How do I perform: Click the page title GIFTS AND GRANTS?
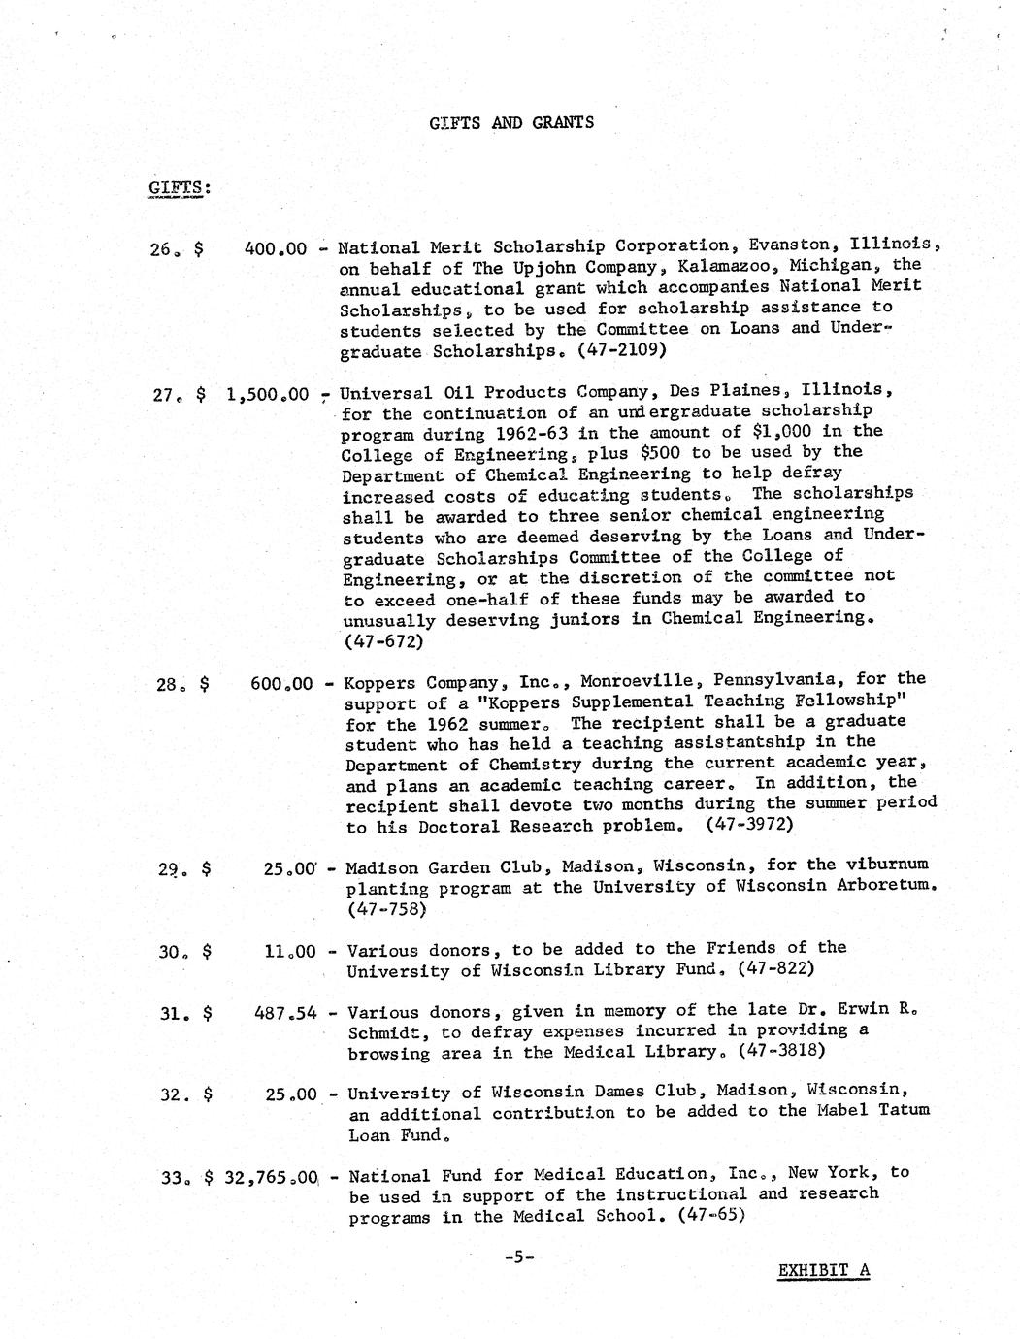[x=510, y=122]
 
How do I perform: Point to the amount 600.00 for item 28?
[x=281, y=684]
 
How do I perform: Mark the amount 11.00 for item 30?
[x=289, y=952]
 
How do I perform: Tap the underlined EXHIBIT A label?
[x=823, y=1271]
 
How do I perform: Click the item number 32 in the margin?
[x=173, y=1094]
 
